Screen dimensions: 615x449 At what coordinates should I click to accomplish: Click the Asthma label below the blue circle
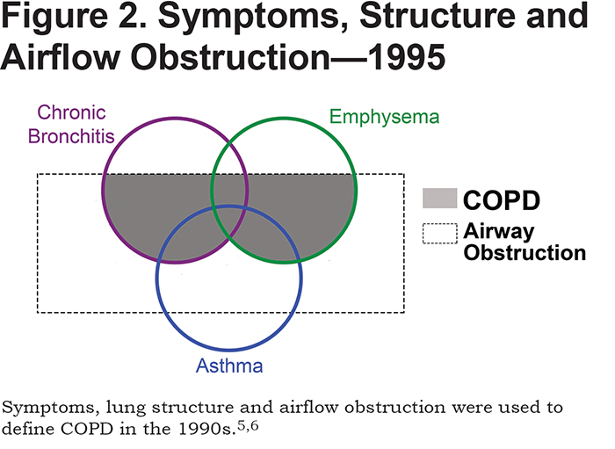point(229,366)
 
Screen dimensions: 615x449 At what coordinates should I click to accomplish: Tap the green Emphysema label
point(385,117)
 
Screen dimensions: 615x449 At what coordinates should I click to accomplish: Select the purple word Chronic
point(71,112)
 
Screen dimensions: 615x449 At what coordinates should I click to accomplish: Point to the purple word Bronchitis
point(71,136)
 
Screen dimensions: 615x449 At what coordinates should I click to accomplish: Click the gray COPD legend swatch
point(439,199)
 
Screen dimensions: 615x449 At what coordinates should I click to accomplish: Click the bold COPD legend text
point(502,200)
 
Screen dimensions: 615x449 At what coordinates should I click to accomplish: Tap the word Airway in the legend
point(498,232)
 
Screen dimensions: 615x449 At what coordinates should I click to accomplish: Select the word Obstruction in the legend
point(525,252)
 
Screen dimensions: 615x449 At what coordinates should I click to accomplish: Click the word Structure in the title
point(437,16)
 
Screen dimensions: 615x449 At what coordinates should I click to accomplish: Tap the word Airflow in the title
point(61,57)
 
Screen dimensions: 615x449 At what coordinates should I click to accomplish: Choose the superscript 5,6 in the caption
point(248,425)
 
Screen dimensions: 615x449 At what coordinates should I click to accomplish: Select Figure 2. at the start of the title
point(73,18)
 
